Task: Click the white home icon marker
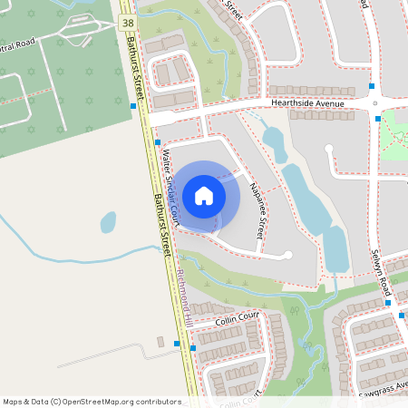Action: (204, 195)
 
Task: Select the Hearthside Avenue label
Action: (307, 104)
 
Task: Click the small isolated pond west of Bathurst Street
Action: (109, 221)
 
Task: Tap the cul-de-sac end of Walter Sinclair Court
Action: (288, 256)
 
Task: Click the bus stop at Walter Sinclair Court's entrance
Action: (158, 142)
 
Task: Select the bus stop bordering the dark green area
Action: (133, 106)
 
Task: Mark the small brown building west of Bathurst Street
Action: (175, 343)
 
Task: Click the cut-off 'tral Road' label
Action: (18, 44)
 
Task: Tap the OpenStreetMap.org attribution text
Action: (92, 401)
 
